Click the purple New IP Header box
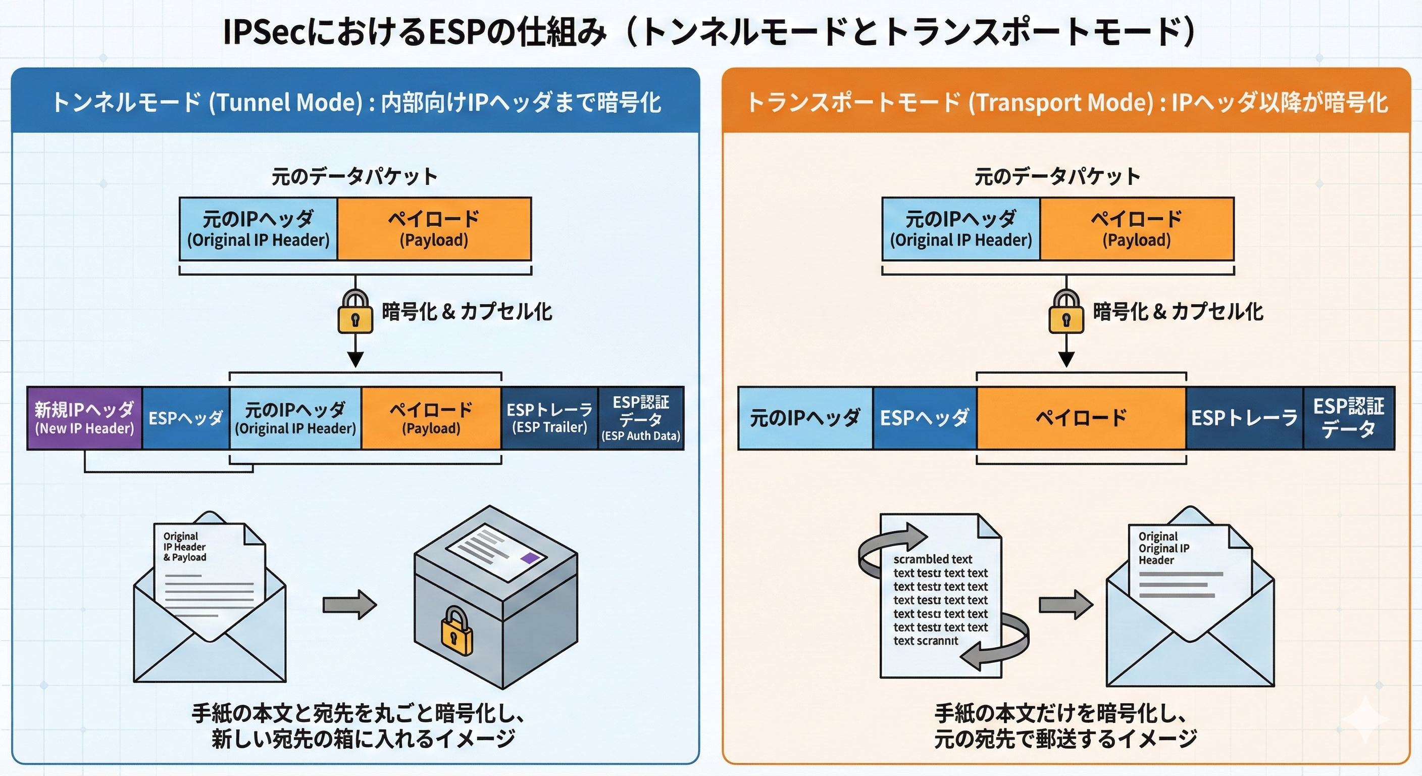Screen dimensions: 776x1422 [x=84, y=418]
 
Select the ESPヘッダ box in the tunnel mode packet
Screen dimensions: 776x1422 [x=185, y=418]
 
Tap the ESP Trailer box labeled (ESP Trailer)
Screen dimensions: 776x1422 [x=549, y=418]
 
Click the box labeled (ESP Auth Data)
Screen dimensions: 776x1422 [x=641, y=418]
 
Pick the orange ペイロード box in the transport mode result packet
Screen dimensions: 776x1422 [x=1081, y=418]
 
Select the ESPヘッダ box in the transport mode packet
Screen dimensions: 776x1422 [x=925, y=418]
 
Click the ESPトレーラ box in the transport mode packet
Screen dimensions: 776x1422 [x=1244, y=418]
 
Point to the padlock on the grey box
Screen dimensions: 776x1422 [x=456, y=632]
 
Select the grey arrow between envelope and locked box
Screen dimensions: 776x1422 [x=349, y=604]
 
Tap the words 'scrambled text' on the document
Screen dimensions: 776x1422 [x=932, y=559]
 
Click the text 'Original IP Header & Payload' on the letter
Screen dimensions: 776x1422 [x=184, y=547]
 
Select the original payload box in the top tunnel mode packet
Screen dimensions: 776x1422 [x=434, y=229]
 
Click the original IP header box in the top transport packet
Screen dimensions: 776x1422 [x=960, y=229]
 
